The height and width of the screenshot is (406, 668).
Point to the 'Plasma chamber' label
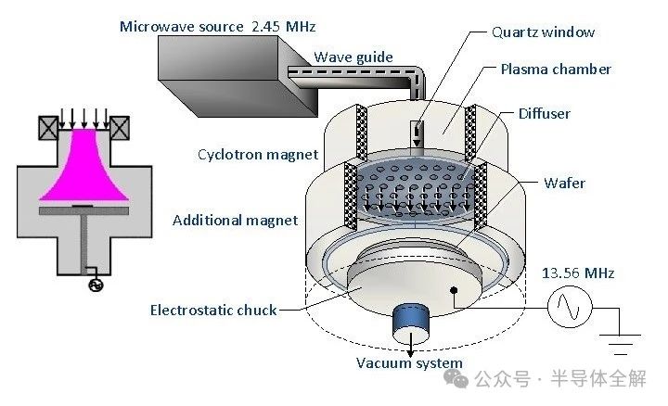[x=556, y=70]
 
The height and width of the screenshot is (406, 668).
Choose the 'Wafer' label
[x=564, y=183]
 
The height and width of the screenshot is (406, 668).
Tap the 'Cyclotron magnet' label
[x=258, y=154]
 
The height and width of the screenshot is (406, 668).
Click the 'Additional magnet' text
[x=236, y=220]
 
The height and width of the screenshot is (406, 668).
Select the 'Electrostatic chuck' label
[x=213, y=310]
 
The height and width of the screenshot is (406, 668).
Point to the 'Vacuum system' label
[x=409, y=362]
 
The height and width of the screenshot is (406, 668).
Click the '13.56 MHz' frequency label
[x=580, y=273]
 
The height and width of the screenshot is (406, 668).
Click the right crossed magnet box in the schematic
[x=120, y=127]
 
